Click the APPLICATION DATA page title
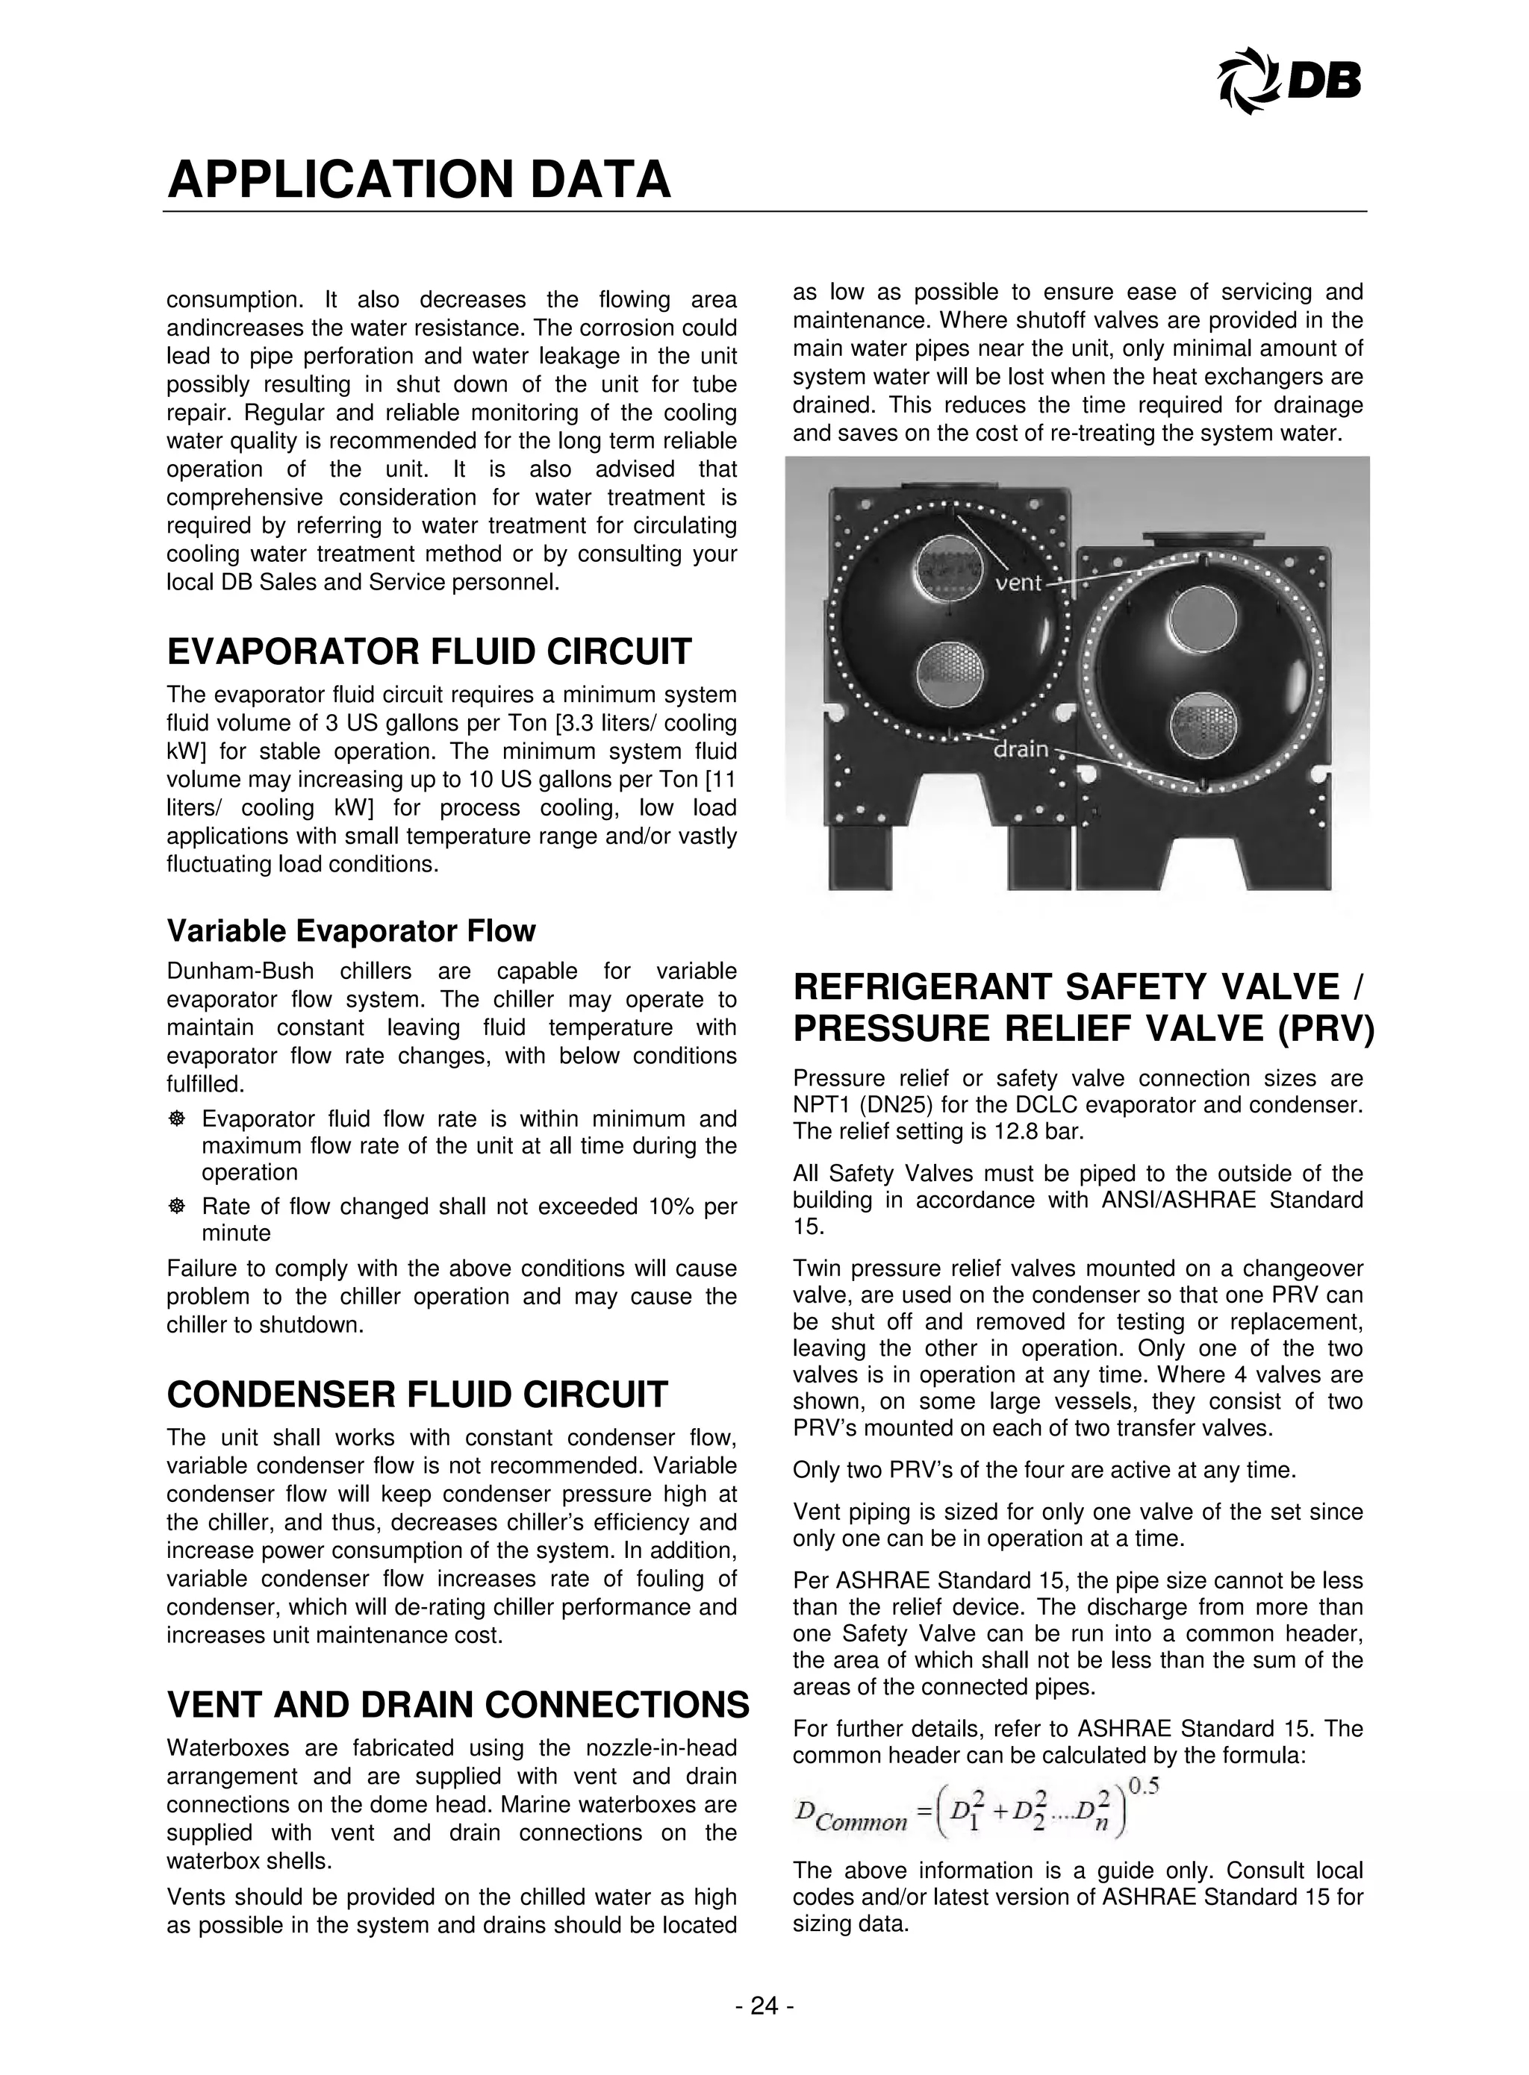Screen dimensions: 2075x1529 (x=418, y=180)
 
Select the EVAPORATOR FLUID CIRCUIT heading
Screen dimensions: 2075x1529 (x=429, y=651)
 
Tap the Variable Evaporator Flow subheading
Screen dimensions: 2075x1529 (x=351, y=930)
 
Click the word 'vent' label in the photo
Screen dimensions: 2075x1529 (x=1020, y=583)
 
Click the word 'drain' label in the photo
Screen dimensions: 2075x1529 (x=1020, y=748)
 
